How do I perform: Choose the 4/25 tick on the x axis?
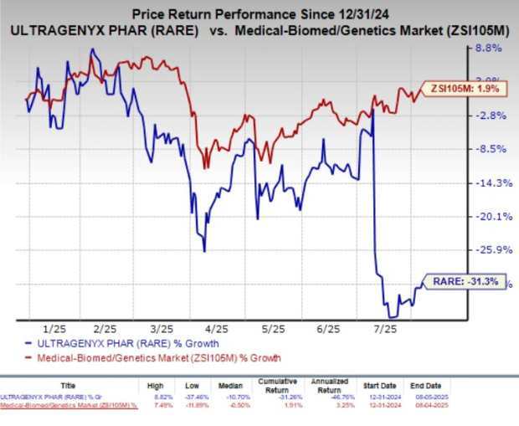216,329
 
